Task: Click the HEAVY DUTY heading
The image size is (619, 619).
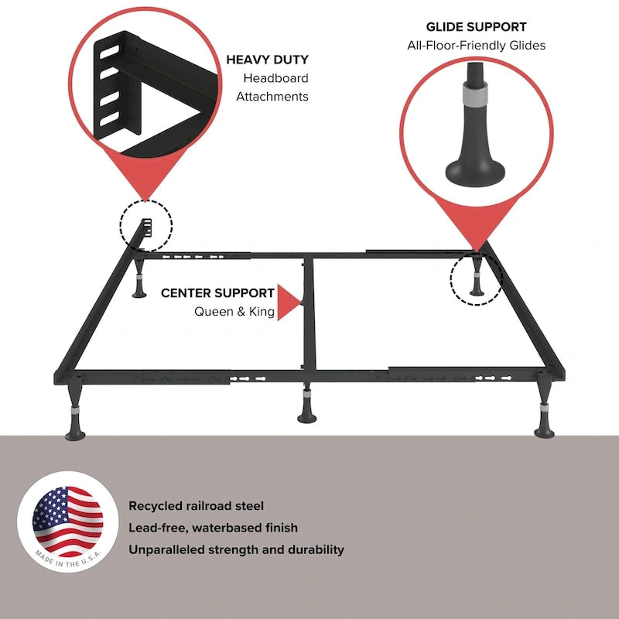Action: click(x=267, y=60)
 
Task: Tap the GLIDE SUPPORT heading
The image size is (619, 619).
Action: click(x=476, y=27)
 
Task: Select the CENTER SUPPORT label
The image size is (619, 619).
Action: click(x=217, y=293)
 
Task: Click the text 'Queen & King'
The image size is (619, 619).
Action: click(x=234, y=312)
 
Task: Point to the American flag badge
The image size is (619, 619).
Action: click(x=67, y=517)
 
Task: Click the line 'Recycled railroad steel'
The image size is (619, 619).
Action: click(x=196, y=506)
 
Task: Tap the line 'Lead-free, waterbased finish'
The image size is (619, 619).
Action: click(x=213, y=528)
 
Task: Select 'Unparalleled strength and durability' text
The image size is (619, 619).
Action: click(x=236, y=550)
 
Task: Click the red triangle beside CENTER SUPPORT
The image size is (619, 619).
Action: click(x=289, y=302)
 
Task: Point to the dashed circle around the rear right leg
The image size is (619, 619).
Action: click(x=476, y=277)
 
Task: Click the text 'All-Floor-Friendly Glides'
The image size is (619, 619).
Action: click(x=476, y=46)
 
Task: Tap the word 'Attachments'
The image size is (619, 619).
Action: click(x=272, y=97)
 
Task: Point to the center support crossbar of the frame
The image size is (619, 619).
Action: click(x=307, y=317)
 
